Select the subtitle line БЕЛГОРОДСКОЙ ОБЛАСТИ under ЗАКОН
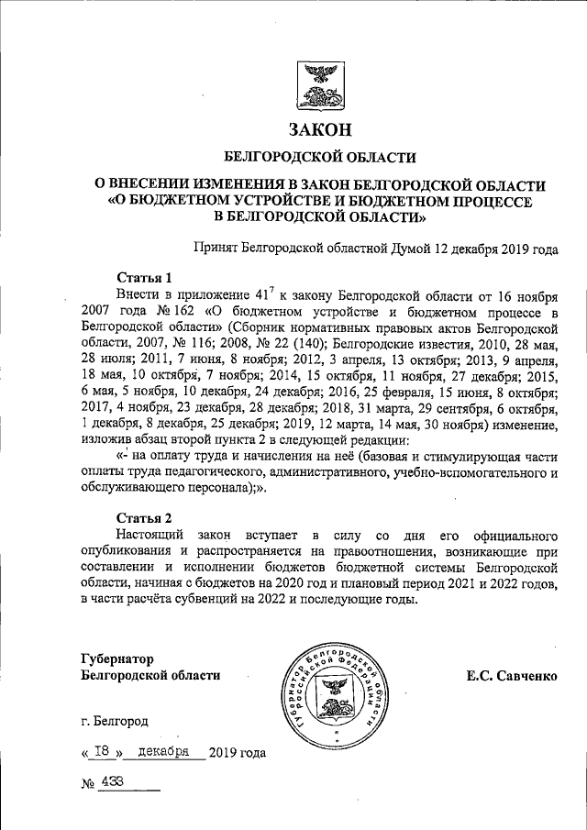[320, 157]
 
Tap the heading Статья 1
[145, 277]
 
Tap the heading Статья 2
[145, 518]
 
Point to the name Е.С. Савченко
[512, 676]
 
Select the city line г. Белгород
[114, 722]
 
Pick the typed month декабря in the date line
[162, 751]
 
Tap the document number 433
[116, 782]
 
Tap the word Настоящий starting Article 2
[152, 535]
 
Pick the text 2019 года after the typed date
[238, 753]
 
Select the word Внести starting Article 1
[139, 293]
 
